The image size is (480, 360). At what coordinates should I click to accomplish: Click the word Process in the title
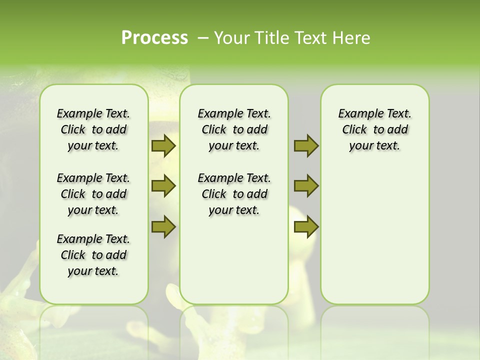tap(154, 37)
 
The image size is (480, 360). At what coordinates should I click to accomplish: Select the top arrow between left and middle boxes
tap(163, 145)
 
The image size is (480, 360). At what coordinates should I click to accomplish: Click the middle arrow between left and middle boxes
tap(163, 186)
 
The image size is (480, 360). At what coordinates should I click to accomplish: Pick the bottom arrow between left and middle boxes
tap(163, 226)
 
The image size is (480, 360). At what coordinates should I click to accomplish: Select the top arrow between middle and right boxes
tap(306, 145)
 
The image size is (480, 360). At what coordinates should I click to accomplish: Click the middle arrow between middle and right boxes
tap(306, 186)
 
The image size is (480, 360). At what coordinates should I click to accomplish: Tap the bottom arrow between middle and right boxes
tap(306, 226)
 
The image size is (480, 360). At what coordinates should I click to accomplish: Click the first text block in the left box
tap(93, 129)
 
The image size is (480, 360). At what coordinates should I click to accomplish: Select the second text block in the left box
tap(93, 194)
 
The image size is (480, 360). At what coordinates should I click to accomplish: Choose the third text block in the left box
tap(93, 255)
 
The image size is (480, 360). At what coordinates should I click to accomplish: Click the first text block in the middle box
tap(234, 129)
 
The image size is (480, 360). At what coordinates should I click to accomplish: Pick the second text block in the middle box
tap(234, 194)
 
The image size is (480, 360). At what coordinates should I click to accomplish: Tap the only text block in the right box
tap(375, 129)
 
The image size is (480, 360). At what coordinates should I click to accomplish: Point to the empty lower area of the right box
tap(375, 235)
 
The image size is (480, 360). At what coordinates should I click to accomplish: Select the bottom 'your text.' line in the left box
tap(93, 271)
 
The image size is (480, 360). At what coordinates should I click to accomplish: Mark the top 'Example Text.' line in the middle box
tap(234, 114)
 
